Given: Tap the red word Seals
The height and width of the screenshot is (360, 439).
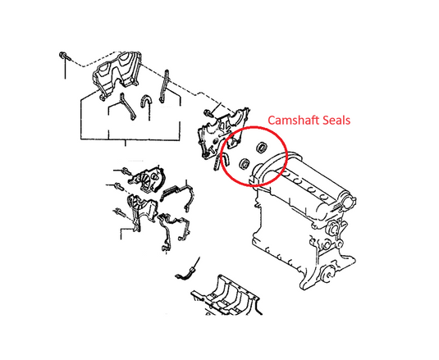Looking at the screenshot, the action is pyautogui.click(x=336, y=121).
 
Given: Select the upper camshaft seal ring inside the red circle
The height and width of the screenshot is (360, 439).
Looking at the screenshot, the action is pyautogui.click(x=262, y=148).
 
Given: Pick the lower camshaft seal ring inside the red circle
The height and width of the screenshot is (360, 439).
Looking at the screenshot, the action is pyautogui.click(x=245, y=163).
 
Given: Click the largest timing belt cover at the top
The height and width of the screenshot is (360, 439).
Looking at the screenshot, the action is pyautogui.click(x=117, y=75).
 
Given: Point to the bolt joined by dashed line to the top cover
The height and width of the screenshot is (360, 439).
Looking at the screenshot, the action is pyautogui.click(x=63, y=56).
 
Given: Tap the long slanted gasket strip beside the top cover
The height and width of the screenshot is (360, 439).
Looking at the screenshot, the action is pyautogui.click(x=164, y=86).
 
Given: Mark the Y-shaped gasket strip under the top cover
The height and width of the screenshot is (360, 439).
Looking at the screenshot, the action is pyautogui.click(x=126, y=107).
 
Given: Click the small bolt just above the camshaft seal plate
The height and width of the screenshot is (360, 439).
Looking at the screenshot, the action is pyautogui.click(x=208, y=113).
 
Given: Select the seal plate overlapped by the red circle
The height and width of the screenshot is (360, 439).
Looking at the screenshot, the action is pyautogui.click(x=222, y=133).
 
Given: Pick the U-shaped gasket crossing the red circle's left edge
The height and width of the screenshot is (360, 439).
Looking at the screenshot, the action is pyautogui.click(x=222, y=161).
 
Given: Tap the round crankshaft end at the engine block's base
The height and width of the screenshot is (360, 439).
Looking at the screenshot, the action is pyautogui.click(x=325, y=275).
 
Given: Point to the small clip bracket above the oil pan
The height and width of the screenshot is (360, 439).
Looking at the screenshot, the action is pyautogui.click(x=185, y=274).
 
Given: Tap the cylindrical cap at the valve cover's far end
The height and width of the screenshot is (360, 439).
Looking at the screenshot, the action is pyautogui.click(x=349, y=202).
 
